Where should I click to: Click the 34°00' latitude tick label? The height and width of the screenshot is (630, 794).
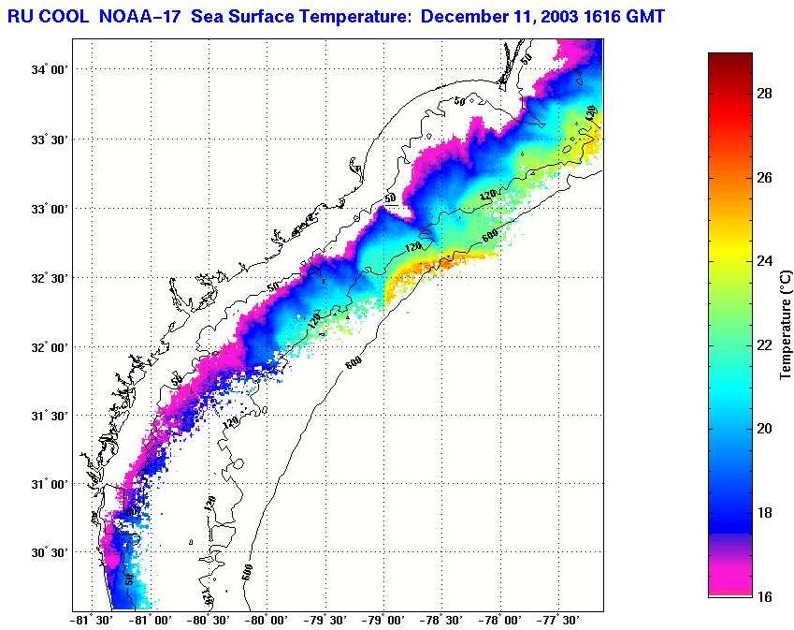[x=48, y=70]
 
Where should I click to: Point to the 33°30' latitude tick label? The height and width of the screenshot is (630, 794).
[x=48, y=139]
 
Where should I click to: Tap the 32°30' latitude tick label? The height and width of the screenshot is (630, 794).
[x=48, y=278]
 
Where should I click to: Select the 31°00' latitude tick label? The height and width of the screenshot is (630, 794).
[x=48, y=484]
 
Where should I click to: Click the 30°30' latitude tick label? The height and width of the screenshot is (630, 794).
[x=48, y=553]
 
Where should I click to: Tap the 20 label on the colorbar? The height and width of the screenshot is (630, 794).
[x=764, y=429]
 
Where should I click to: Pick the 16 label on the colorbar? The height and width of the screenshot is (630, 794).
[x=764, y=596]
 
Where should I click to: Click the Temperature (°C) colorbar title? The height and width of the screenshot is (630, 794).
[x=787, y=324]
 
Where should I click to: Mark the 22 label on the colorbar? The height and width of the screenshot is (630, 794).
[x=764, y=344]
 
